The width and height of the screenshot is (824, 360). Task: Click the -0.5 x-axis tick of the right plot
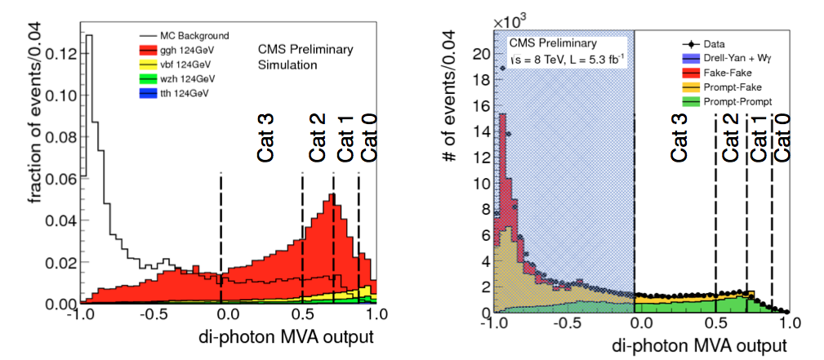(x=563, y=322)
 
